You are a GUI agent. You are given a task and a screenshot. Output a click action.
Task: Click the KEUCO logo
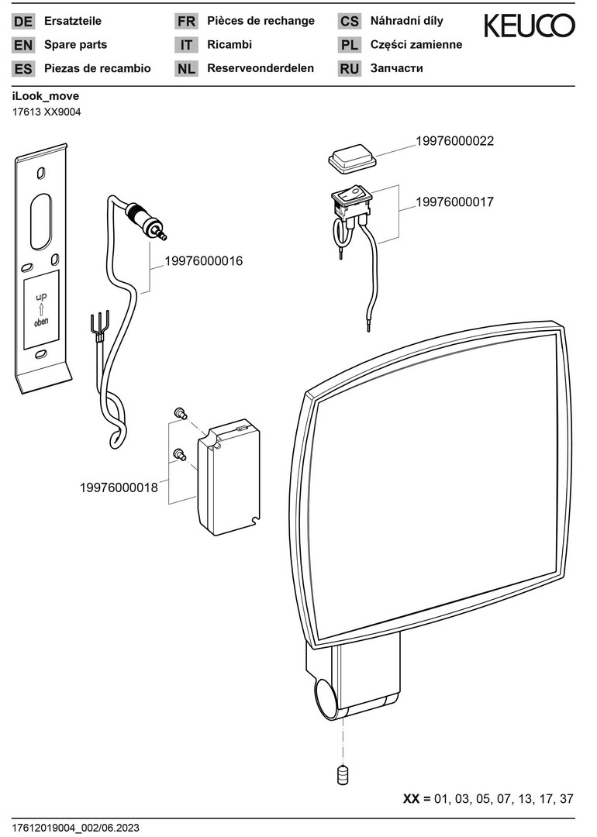[x=530, y=26]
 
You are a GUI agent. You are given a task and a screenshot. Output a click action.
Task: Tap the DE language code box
[x=23, y=22]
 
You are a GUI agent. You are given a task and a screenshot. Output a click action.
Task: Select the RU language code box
[x=350, y=68]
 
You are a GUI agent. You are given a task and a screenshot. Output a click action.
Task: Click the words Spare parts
[x=76, y=45]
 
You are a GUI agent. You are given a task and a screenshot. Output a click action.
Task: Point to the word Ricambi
[x=229, y=45]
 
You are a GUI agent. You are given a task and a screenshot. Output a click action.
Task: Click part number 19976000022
[x=454, y=141]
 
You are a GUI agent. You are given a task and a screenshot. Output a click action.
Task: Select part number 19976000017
[x=454, y=201]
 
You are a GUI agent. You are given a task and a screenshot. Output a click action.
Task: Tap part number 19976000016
[x=204, y=261]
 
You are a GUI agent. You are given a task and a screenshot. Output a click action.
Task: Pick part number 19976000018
[x=119, y=487]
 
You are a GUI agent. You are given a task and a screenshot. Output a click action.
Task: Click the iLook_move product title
[x=46, y=97]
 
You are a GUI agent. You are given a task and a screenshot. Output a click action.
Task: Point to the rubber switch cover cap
[x=352, y=160]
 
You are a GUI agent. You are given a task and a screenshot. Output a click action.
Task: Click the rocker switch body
[x=352, y=201]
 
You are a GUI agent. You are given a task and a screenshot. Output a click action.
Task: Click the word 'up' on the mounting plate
[x=40, y=295]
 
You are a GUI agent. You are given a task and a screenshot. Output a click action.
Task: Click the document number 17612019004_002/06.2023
[x=76, y=828]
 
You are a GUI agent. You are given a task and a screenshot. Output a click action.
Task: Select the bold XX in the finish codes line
[x=412, y=799]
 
